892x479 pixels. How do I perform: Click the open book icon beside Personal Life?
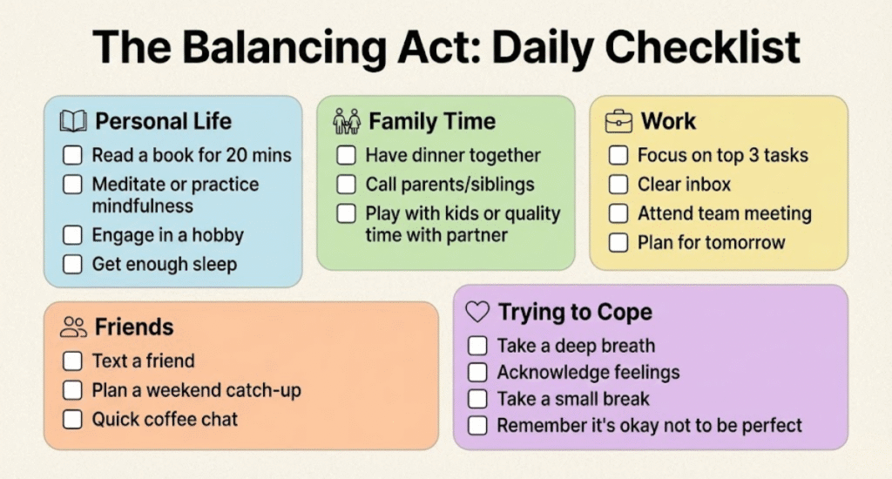point(73,121)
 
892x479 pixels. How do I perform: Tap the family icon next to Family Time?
point(347,121)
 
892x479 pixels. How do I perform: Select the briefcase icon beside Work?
point(618,121)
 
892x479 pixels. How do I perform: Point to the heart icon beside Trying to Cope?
point(477,312)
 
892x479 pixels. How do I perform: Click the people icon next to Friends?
point(73,327)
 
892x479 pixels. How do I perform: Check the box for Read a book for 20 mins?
point(72,155)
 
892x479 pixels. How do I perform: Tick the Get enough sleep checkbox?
point(72,264)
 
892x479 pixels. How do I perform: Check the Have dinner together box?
point(346,155)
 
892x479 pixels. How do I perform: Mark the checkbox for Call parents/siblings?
point(346,185)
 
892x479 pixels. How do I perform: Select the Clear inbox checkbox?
point(618,185)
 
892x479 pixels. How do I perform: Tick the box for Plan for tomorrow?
point(618,242)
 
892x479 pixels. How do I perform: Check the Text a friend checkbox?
point(72,361)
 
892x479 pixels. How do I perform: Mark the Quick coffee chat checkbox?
point(72,419)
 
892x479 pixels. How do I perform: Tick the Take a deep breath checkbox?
point(477,345)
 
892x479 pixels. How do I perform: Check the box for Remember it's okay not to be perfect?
point(477,425)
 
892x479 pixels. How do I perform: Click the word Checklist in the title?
point(703,47)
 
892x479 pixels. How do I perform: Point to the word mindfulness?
point(142,206)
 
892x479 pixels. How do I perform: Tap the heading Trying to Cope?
point(575,313)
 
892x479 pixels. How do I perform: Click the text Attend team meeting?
point(724,213)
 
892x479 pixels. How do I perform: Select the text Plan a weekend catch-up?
point(196,390)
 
